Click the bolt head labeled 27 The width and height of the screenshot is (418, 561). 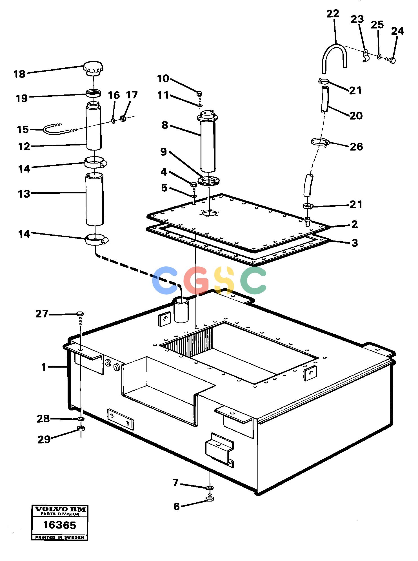point(80,313)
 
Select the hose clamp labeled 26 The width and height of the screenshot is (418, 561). point(320,142)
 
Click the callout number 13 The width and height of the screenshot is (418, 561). point(24,194)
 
